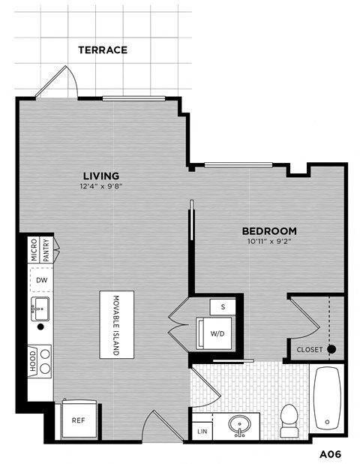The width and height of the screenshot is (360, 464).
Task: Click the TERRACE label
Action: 103,50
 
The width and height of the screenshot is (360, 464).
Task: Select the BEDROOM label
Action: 268,231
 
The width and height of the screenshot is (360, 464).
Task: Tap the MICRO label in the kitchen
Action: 34,251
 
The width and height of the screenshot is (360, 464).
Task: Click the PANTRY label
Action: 47,249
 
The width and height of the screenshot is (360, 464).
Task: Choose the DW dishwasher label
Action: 42,280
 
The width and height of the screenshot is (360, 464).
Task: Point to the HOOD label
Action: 34,362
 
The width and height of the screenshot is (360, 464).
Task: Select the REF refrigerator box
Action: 77,420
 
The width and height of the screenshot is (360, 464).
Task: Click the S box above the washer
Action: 223,306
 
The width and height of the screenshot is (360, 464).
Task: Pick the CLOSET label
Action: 310,350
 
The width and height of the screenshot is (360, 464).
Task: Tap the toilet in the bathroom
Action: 289,418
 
